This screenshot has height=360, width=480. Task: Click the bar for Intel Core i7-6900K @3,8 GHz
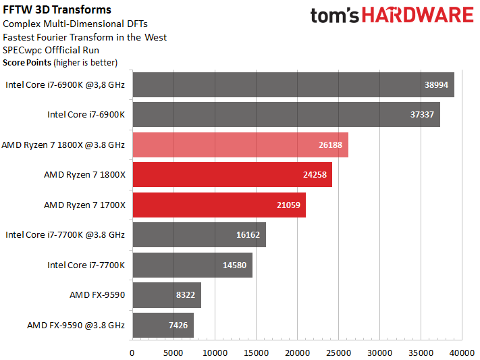293,85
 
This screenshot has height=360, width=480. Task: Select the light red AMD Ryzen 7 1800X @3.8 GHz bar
240,145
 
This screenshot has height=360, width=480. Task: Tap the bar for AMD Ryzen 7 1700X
219,205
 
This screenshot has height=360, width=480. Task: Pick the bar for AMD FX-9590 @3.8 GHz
163,326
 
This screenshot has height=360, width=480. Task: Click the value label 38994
436,85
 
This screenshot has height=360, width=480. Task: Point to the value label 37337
422,115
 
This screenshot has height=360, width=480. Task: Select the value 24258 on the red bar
315,175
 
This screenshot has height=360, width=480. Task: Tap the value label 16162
248,235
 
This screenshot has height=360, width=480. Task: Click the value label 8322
186,295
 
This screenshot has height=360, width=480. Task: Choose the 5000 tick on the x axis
174,353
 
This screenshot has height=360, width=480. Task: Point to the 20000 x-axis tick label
297,353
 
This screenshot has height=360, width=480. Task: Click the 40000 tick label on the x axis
462,353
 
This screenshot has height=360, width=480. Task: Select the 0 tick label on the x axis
132,353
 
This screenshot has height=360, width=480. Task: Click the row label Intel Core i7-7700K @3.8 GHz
65,235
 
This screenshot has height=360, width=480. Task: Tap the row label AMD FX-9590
97,295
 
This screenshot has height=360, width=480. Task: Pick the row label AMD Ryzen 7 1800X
85,175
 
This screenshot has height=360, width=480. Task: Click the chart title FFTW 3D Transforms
57,10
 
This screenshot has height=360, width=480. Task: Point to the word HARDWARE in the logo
418,15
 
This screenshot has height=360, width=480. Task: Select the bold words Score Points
27,63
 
